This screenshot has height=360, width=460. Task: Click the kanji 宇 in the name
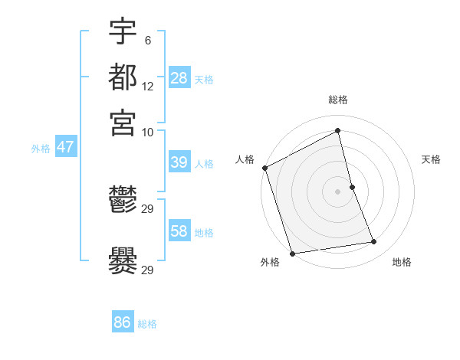pos(123,31)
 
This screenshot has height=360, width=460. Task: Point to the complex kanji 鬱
pos(123,201)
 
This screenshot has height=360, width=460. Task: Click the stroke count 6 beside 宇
pos(147,41)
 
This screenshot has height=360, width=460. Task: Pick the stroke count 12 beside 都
pos(147,87)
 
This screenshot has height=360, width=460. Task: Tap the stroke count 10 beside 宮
pos(147,132)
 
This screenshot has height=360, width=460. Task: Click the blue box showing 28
pos(179,77)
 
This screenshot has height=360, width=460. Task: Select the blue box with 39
pos(179,162)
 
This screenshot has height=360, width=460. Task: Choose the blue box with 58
pos(179,231)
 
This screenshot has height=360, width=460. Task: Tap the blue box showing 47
pos(65,147)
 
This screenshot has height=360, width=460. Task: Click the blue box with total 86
pos(122,322)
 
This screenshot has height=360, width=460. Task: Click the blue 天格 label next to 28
pos(204,80)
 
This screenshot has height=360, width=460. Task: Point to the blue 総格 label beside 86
pos(147,325)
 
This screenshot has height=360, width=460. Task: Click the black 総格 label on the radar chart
pos(338,100)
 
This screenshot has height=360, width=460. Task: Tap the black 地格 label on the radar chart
pos(402,263)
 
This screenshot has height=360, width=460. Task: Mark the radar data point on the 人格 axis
pos(264,168)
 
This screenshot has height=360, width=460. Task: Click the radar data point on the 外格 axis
pos(292,254)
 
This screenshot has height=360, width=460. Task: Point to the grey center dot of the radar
pos(338,191)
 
